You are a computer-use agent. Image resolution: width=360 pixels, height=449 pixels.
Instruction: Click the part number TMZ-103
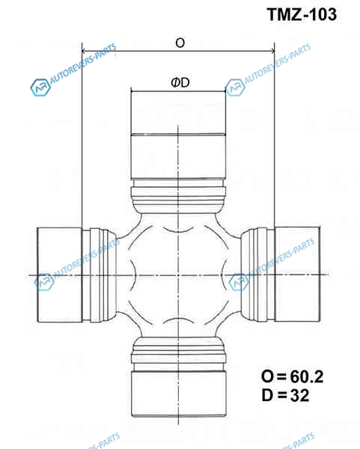point(302,14)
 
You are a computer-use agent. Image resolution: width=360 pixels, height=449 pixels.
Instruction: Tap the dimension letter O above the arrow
point(180,43)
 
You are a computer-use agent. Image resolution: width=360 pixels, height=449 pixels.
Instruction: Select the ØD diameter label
point(180,83)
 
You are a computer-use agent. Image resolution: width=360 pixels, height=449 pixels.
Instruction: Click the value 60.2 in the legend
point(307,376)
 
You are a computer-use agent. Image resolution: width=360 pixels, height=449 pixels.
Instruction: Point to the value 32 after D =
point(300,395)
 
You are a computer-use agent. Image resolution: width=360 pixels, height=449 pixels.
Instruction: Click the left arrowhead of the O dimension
point(84,51)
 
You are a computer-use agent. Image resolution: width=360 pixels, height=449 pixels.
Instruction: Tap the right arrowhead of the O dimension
point(272,51)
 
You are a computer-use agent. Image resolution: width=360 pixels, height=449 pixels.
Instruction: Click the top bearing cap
point(178,135)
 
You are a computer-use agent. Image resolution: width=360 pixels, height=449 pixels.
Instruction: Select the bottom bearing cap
point(179,394)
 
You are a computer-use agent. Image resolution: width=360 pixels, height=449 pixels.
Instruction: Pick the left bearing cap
point(60,275)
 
